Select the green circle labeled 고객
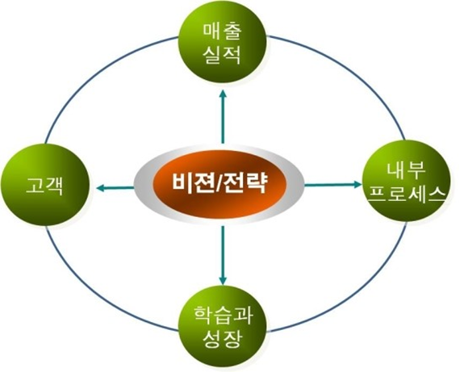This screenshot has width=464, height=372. point(45,185)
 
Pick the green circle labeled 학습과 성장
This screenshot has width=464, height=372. point(223,327)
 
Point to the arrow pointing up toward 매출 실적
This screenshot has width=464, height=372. point(223,117)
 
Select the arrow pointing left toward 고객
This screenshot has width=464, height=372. point(115,188)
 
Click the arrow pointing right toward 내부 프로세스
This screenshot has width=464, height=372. point(333,185)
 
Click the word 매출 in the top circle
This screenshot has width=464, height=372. point(222,32)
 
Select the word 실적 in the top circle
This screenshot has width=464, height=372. point(222,56)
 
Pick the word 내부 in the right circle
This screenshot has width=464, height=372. point(406,171)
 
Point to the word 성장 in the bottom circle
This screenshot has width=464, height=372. point(223,339)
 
